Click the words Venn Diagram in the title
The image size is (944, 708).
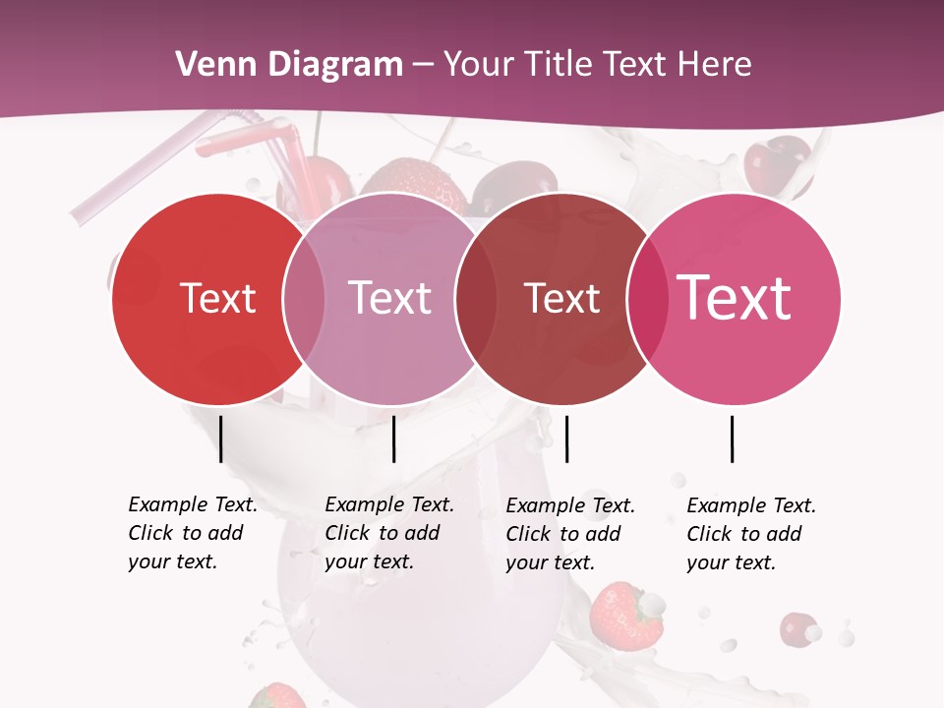(289, 65)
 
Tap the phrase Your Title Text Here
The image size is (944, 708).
(598, 65)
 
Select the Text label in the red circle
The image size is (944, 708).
(217, 298)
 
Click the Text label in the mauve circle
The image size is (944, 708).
(390, 298)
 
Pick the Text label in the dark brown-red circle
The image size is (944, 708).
(561, 298)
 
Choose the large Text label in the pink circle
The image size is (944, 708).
(735, 297)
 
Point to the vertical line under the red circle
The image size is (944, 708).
(221, 439)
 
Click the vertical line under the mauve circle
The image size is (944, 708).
(393, 439)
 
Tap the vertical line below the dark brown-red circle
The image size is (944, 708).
(566, 439)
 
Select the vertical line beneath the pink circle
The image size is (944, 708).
(733, 439)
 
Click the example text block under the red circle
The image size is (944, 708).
(193, 533)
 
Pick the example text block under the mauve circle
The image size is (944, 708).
(389, 533)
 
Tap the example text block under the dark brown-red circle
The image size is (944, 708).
(570, 534)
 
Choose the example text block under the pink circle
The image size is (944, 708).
(751, 534)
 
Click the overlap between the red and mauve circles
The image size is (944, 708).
(304, 299)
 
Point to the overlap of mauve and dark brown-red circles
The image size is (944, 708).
(476, 299)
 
